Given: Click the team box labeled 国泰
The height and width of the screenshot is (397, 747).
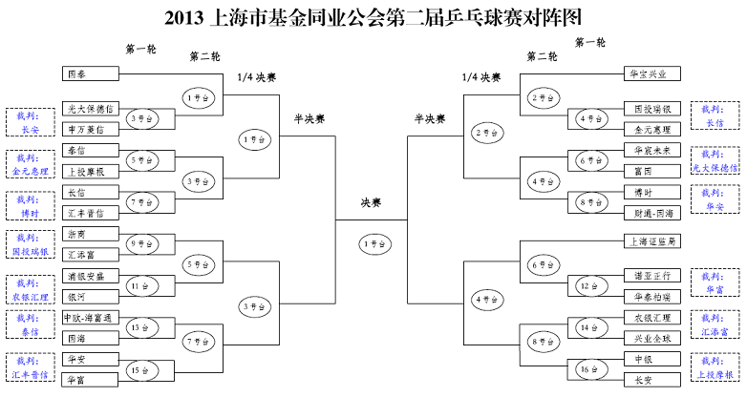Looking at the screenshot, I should (91, 73).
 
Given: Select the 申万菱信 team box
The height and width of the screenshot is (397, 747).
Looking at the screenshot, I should (91, 129).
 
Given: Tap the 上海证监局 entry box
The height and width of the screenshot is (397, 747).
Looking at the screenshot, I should (652, 241).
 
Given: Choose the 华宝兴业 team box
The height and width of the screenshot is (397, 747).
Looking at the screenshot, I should (652, 73).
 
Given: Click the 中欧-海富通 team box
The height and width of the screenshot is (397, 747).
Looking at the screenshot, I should (91, 318).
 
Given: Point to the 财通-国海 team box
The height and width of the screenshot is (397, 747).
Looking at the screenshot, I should (652, 213).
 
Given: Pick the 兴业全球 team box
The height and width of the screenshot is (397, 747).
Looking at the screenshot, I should (652, 339).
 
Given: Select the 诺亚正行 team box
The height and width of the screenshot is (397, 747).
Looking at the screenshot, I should (652, 275).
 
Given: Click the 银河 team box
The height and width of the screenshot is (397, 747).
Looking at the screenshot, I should (91, 296).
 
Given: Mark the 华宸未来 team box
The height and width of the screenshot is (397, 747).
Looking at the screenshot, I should (652, 151).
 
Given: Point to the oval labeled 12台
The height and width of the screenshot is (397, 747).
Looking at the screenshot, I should (587, 284).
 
